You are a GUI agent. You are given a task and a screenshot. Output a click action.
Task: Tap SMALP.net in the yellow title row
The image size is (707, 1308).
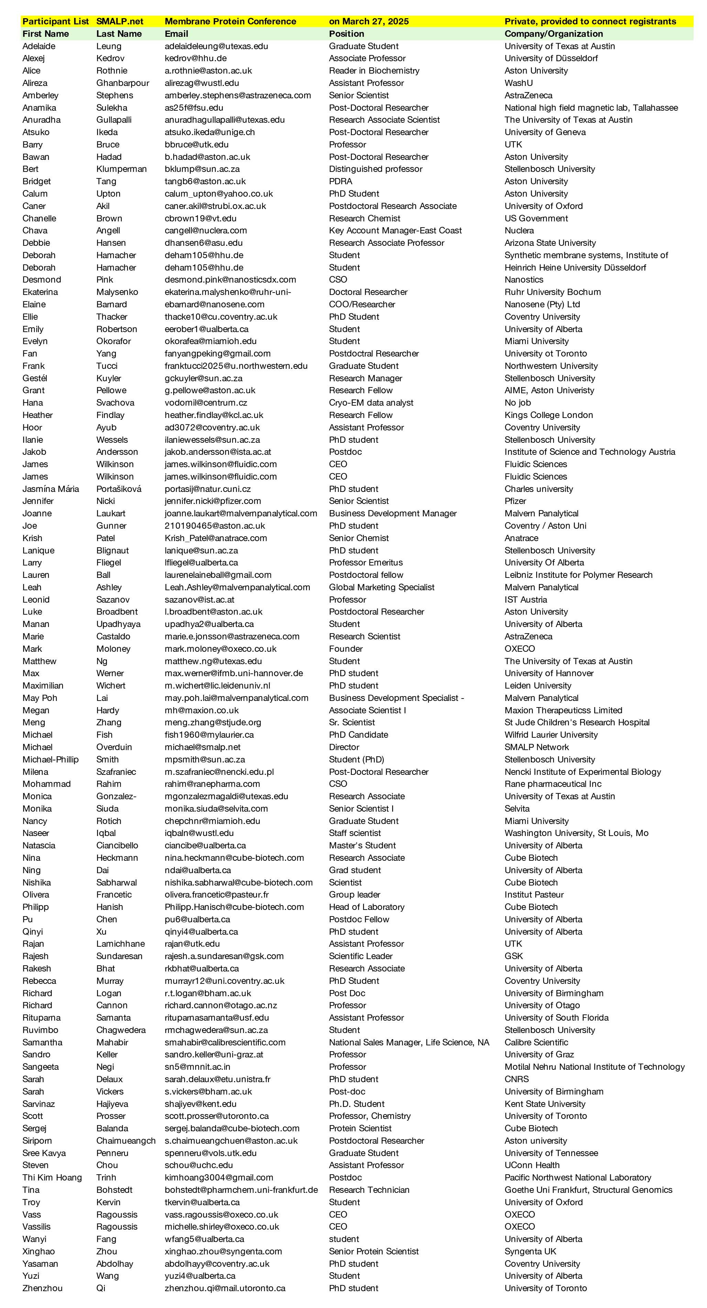coord(120,21)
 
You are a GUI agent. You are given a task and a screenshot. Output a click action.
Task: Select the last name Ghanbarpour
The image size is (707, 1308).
coord(123,83)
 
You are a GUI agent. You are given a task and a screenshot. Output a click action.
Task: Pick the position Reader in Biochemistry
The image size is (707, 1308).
coord(374,70)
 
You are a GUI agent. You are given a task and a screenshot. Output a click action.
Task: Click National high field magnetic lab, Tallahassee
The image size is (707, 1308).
coord(591,108)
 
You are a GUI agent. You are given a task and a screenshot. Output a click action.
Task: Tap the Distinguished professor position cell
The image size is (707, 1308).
coord(376,169)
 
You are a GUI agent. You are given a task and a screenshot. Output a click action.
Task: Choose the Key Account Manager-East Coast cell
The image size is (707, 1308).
coord(395,231)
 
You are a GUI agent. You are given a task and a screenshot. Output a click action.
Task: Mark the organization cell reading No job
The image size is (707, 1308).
coord(518,403)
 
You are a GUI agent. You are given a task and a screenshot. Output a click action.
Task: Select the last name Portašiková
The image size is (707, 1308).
coord(119,489)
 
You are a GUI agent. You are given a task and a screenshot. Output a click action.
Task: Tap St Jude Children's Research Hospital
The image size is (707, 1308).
coord(576,723)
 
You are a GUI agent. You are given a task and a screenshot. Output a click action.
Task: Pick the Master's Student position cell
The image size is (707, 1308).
coord(362,845)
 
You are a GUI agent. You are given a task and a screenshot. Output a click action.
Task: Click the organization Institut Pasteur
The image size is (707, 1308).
coord(534,895)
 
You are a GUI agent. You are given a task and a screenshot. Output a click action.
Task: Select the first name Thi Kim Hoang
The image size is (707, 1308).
coord(52,1177)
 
